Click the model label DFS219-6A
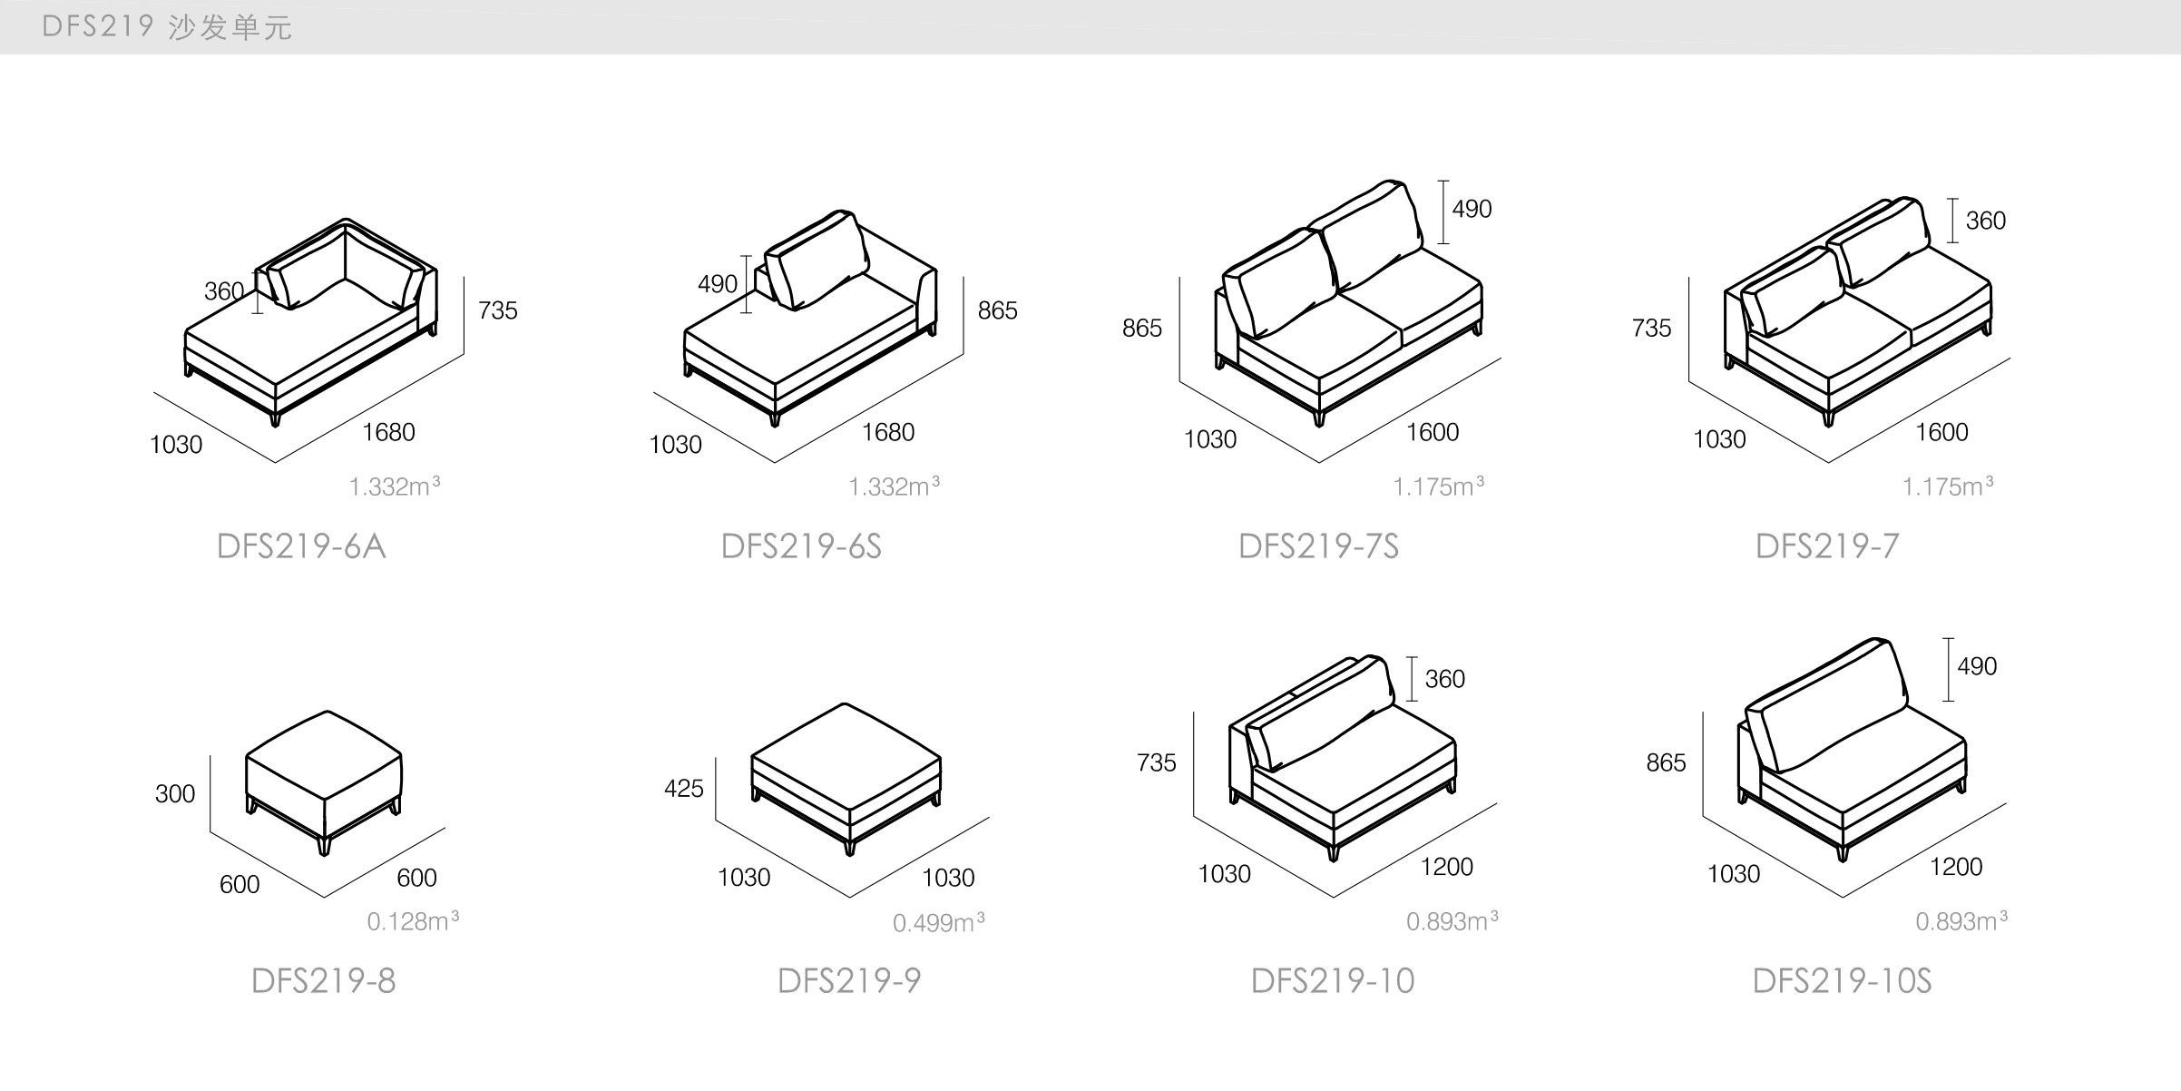tap(301, 546)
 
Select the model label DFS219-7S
tap(1318, 546)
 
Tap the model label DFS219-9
tap(849, 981)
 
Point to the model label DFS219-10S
tap(1842, 981)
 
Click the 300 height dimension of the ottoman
tap(175, 794)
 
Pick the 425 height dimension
tap(683, 789)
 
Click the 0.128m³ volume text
tap(413, 921)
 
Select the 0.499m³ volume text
tap(939, 923)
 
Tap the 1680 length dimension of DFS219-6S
tap(888, 432)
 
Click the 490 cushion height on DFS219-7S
tap(1472, 210)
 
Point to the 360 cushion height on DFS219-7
tap(1985, 221)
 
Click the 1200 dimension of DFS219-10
tap(1447, 867)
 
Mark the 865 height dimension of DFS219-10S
tap(1666, 763)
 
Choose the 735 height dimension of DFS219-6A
tap(498, 310)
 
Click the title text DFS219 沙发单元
tap(167, 27)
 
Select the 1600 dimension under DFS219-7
tap(1941, 432)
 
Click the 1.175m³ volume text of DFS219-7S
tap(1439, 487)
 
